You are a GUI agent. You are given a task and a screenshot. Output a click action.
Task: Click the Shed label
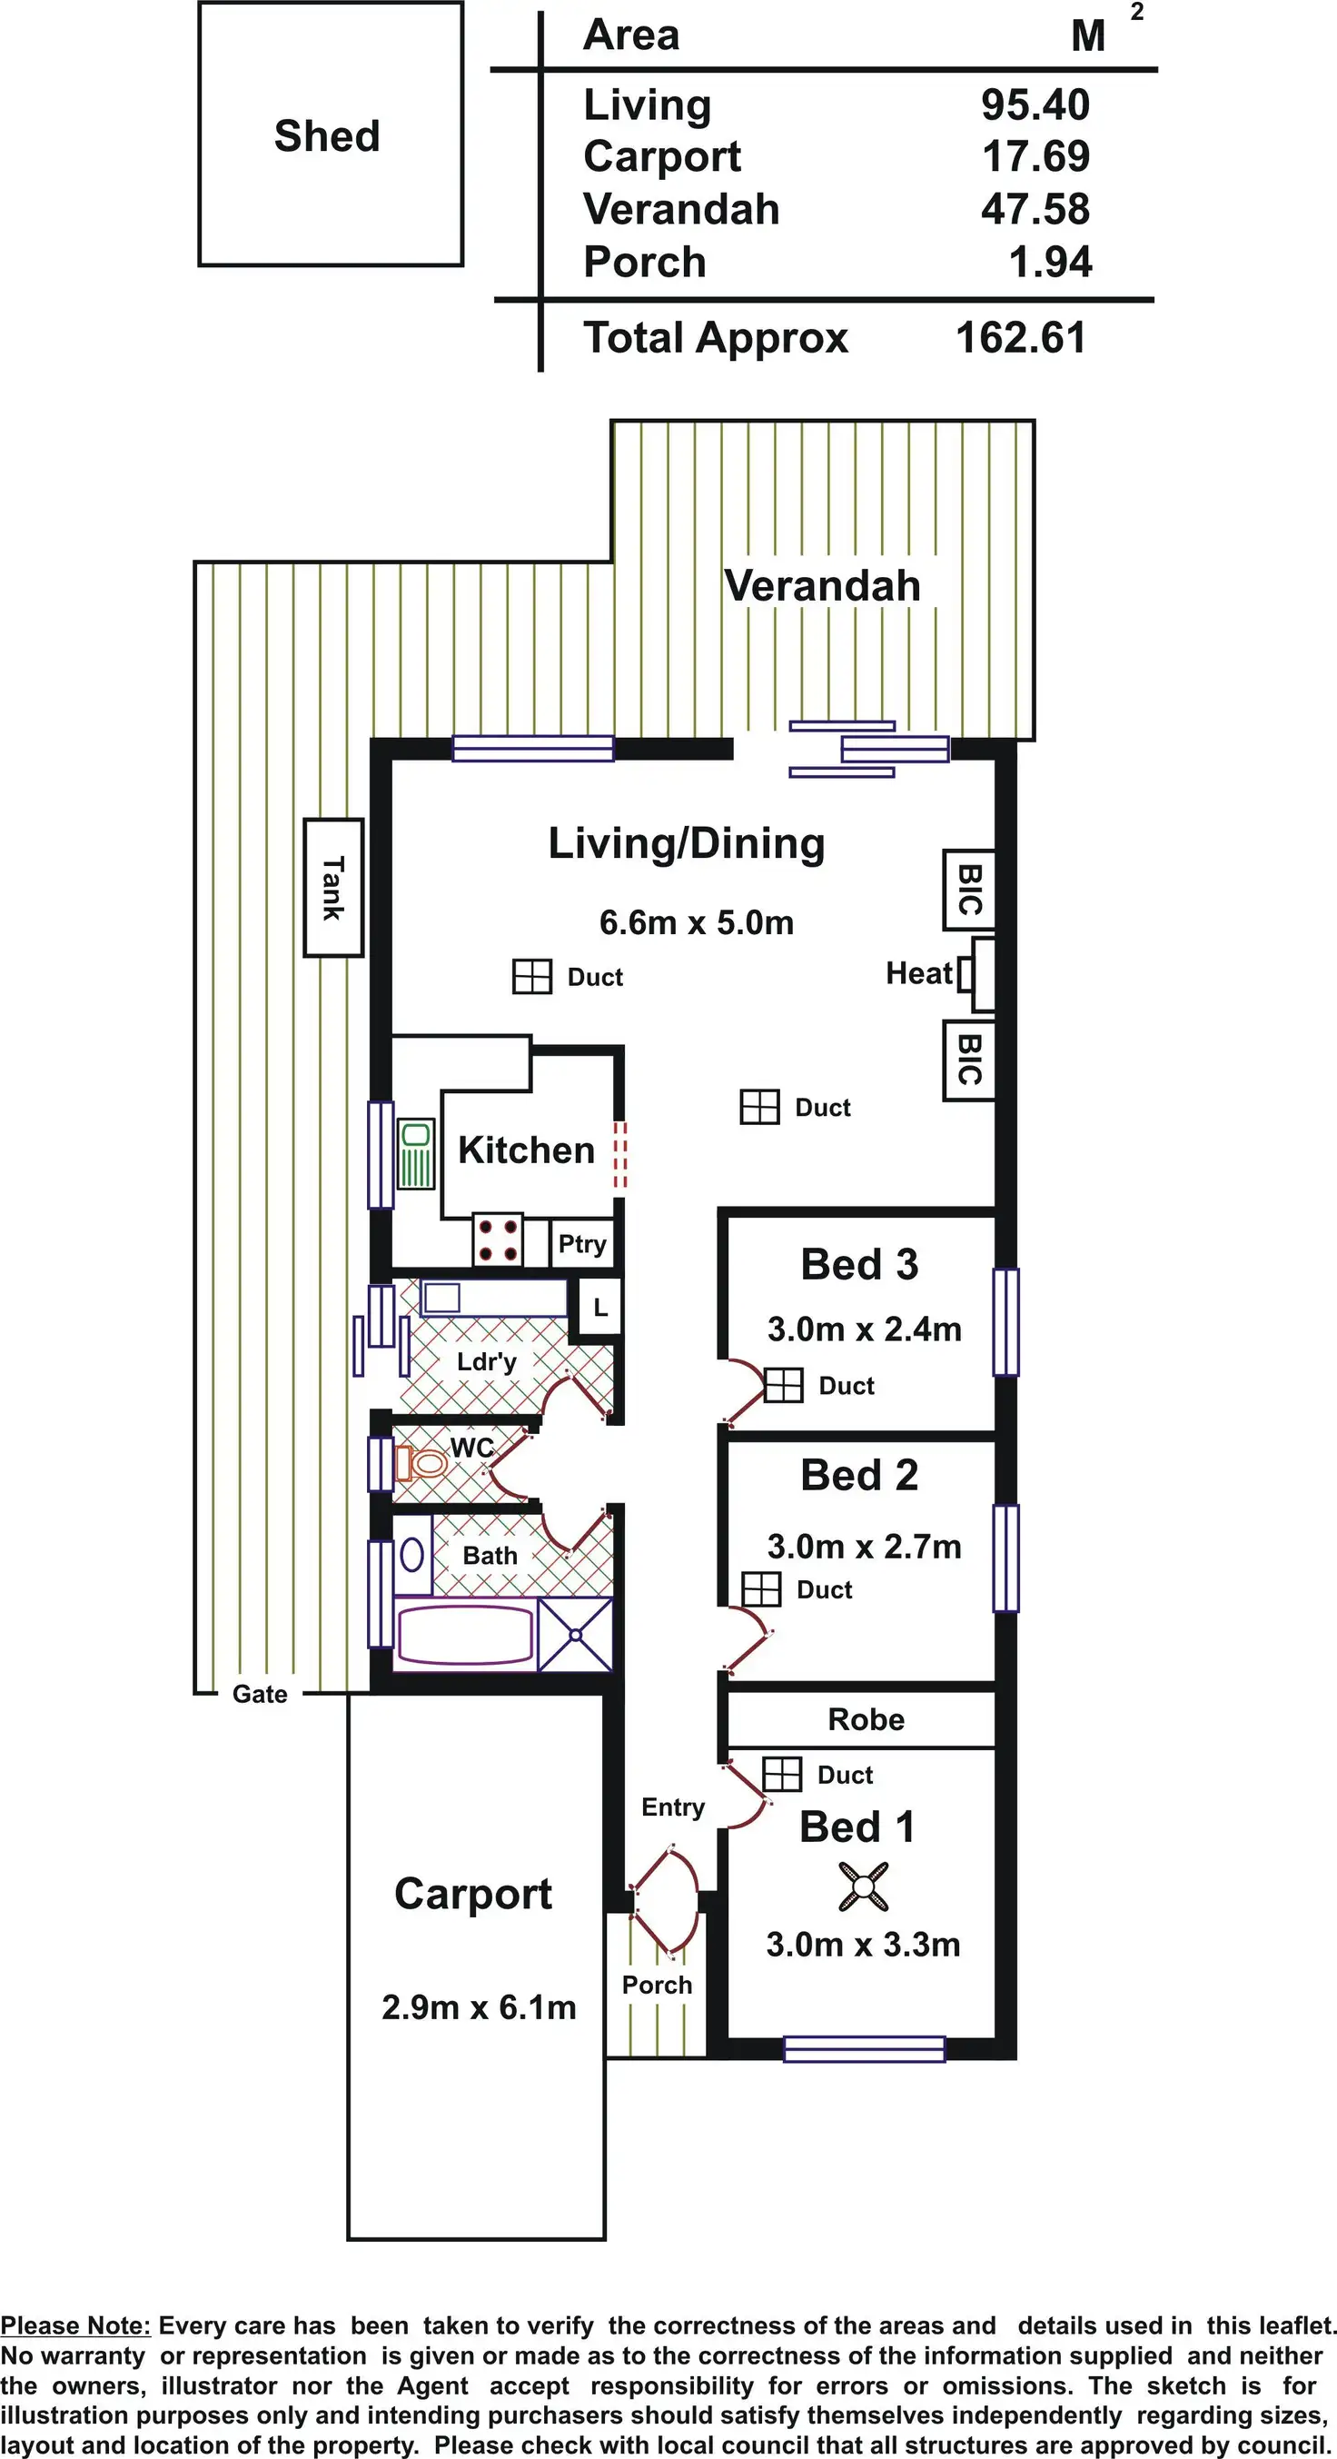click(327, 135)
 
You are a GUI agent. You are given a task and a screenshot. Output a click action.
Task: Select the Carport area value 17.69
click(1035, 156)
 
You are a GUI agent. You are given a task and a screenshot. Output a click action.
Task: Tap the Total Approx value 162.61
click(1021, 338)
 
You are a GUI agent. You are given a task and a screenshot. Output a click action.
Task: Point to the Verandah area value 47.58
click(1035, 209)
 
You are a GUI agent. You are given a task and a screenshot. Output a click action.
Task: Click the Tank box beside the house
click(333, 888)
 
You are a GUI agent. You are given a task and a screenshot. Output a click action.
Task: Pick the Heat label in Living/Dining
click(919, 972)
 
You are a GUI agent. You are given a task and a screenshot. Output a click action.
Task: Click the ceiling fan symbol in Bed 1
click(864, 1887)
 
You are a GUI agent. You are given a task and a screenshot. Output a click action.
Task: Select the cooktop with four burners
click(498, 1240)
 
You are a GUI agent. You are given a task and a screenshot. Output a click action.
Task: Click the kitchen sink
click(415, 1154)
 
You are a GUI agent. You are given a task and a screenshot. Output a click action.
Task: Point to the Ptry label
click(582, 1245)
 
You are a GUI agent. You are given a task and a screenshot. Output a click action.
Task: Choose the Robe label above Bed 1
click(867, 1719)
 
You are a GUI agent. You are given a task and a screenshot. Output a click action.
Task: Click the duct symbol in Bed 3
click(784, 1385)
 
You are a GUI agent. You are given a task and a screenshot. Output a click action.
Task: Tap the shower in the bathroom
click(576, 1635)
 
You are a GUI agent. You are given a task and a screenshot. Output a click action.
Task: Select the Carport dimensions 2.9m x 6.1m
click(479, 2007)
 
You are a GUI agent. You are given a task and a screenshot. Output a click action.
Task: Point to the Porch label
click(657, 1985)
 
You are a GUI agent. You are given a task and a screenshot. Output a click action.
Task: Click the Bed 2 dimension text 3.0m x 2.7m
click(865, 1547)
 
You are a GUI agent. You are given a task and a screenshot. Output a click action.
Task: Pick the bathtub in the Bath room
click(465, 1635)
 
